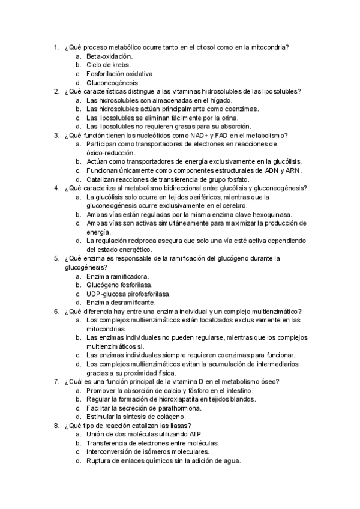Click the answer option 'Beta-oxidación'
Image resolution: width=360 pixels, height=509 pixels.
pos(109,56)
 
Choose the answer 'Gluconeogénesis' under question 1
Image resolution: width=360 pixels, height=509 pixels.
pos(113,83)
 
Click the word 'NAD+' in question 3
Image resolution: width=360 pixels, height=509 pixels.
pos(202,136)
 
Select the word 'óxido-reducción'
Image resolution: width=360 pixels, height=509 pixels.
pos(112,153)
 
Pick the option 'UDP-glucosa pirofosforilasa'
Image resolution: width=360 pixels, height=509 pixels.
pos(128,294)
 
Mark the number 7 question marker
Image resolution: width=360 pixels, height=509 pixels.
pos(56,381)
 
